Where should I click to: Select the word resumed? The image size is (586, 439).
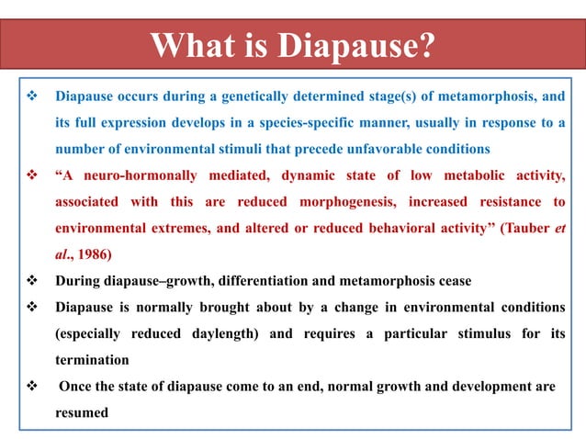82,412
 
